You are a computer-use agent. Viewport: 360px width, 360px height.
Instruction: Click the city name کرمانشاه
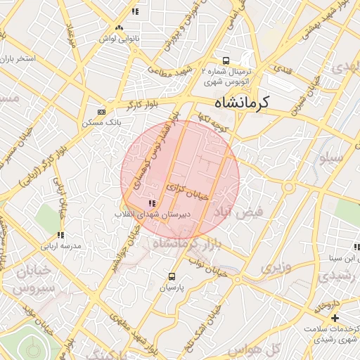[x=242, y=102]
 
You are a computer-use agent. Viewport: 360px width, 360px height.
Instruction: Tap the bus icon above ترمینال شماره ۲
[x=226, y=60]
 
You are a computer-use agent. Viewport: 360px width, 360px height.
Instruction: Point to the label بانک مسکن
[x=97, y=123]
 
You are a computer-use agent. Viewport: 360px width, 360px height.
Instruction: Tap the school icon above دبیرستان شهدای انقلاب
[x=152, y=203]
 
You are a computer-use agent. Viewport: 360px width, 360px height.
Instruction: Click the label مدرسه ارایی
[x=61, y=246]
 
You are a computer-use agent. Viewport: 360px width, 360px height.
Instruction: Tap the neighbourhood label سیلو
[x=332, y=159]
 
